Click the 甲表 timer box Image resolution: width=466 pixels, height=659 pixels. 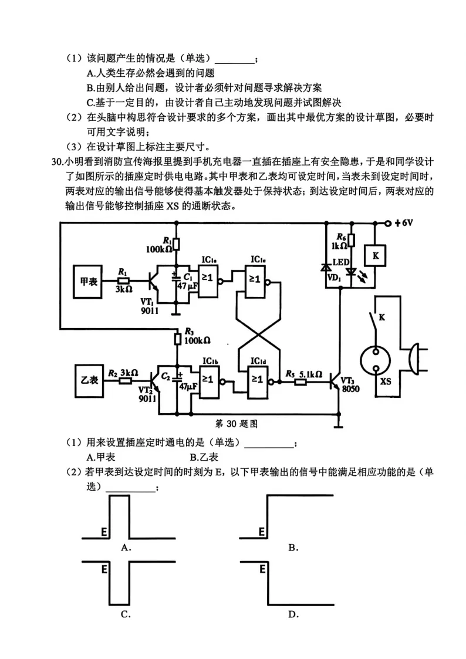[x=89, y=281]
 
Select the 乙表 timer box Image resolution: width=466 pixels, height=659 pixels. [x=89, y=379]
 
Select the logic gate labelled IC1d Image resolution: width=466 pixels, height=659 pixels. [x=257, y=380]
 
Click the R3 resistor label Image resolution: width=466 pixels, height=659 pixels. [x=189, y=332]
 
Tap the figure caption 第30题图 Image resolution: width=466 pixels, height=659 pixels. [x=238, y=423]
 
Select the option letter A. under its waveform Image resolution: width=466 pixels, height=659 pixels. [x=125, y=547]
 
